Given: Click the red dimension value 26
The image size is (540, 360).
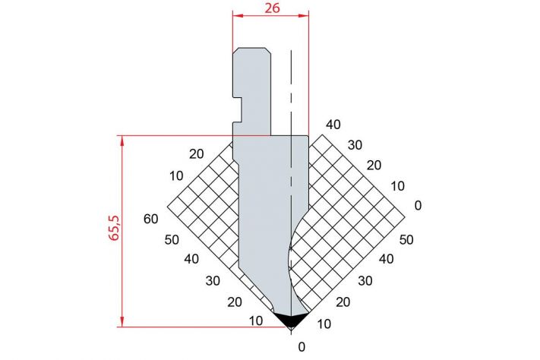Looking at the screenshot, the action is coord(272,8).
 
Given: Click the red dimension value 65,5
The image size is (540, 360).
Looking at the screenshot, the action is coord(114,227).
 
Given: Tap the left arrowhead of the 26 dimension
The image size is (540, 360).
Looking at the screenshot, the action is coord(238,15).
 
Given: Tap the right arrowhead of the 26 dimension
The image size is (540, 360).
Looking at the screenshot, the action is coord(303,15).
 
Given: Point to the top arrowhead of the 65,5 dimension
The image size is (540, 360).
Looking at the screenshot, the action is coord(122,141).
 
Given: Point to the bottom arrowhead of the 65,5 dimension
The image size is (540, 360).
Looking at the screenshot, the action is coord(122,321).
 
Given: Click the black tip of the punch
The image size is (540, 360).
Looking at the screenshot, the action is coord(291,320).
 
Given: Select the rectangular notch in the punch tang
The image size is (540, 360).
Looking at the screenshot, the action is coord(238,109).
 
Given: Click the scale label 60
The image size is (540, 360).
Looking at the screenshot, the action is coord(151,219).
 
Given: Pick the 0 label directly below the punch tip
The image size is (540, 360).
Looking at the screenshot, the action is coord(302,347).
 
